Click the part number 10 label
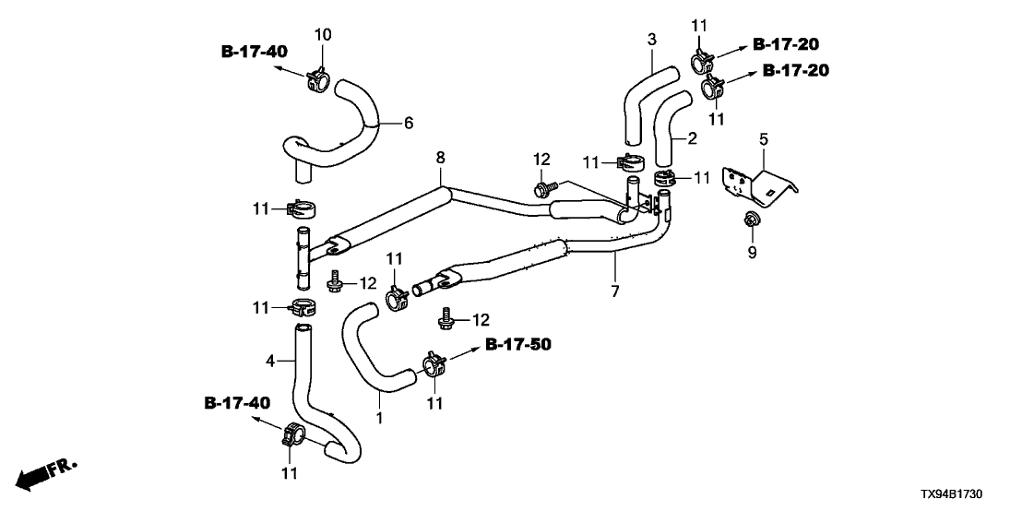coord(322,35)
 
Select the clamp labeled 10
coord(318,79)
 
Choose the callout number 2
coord(690,139)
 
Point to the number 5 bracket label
coord(763,139)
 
